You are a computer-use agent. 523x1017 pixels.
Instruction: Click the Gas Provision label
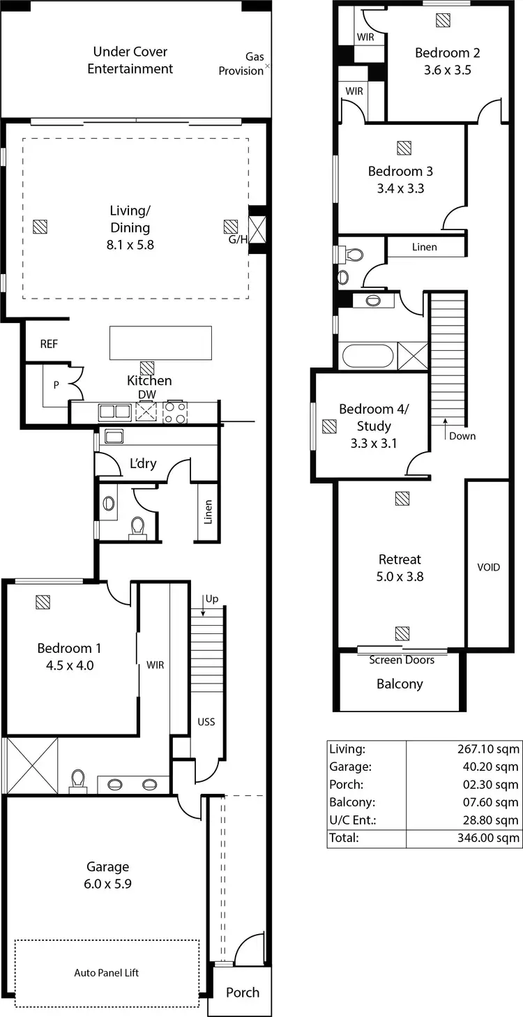coord(241,63)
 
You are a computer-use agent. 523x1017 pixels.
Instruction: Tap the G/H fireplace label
coord(238,240)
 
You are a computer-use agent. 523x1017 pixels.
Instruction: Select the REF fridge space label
coord(49,343)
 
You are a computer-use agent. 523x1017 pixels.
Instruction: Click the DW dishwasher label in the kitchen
coord(148,395)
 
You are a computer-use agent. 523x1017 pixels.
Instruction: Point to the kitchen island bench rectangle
coord(160,342)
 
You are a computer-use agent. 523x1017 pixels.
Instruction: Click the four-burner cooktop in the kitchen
coord(174,413)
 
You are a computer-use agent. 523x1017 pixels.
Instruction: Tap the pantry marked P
coord(56,385)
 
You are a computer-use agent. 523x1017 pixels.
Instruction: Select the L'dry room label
coord(144,464)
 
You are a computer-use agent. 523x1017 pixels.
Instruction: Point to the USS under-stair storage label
coord(206,721)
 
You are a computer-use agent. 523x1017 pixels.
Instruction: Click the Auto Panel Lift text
coord(107,972)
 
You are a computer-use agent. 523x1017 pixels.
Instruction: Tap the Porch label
coord(243,992)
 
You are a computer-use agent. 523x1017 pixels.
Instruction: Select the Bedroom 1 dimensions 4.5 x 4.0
coord(66,665)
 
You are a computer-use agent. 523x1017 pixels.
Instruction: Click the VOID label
coord(488,567)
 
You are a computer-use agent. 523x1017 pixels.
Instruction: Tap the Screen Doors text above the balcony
coord(402,660)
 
